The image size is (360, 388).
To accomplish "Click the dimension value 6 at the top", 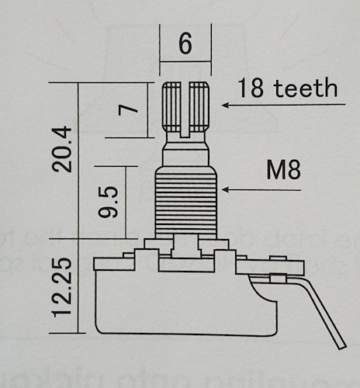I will pyautogui.click(x=185, y=44).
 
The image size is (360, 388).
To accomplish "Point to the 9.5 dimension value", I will pyautogui.click(x=113, y=200).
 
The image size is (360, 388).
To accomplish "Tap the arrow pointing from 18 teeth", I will pyautogui.click(x=233, y=104).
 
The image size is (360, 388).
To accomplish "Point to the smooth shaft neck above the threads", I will pyautogui.click(x=185, y=152).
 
